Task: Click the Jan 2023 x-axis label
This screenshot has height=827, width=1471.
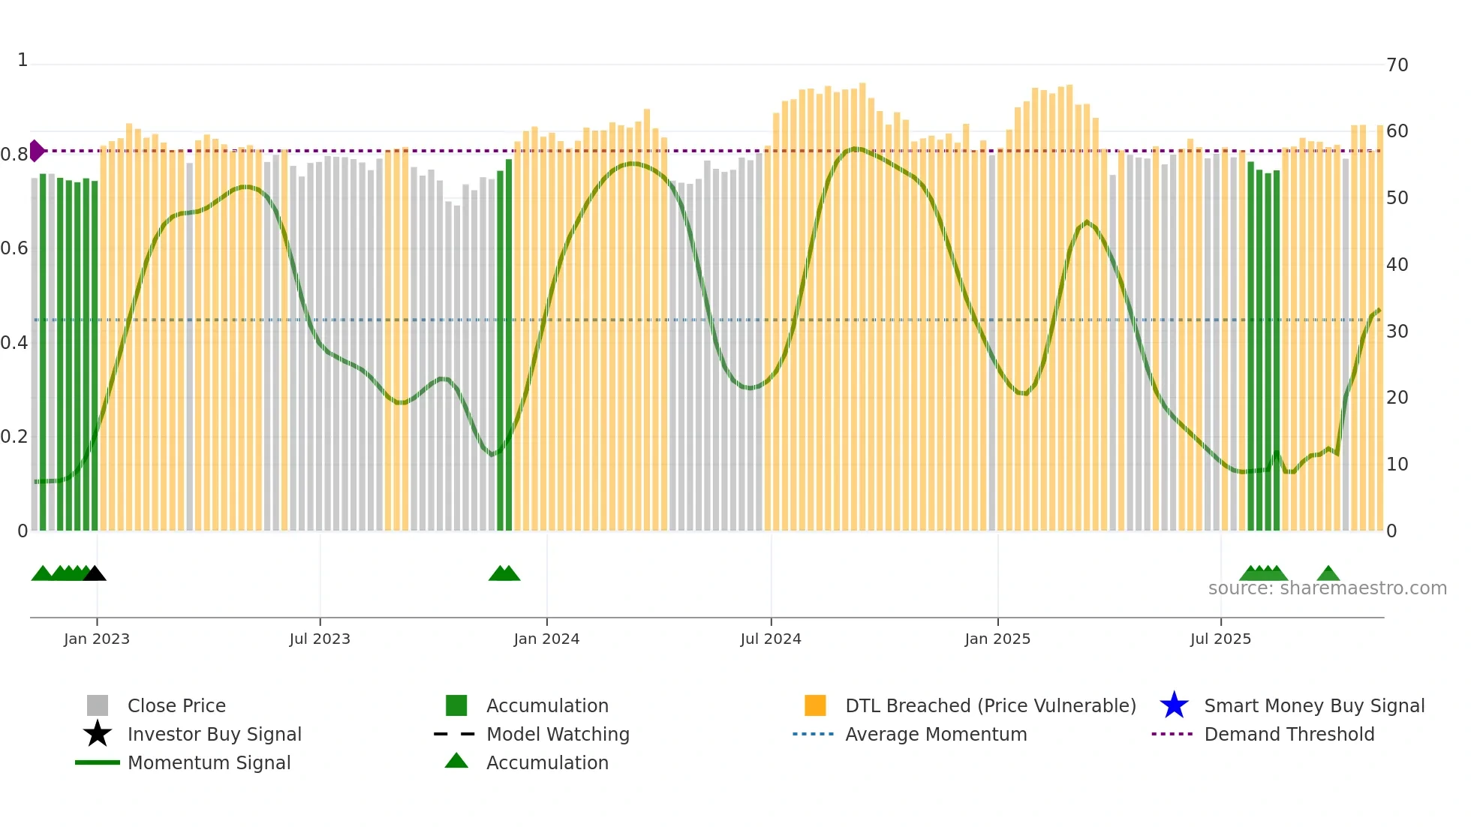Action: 97,639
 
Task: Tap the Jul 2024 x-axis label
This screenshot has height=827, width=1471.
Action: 771,639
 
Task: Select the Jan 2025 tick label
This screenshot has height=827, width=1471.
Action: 997,639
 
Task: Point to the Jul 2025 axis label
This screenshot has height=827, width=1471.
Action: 1220,639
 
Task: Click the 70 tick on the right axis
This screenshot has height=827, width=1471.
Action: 1397,65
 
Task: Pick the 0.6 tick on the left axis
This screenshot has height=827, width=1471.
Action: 14,248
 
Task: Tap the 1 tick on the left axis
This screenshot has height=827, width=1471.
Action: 23,60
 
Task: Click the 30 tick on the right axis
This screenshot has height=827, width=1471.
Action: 1397,332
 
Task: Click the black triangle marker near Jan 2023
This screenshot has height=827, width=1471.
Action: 95,574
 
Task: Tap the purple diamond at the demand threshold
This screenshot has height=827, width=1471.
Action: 36,151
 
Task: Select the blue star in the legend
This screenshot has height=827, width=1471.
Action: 1174,705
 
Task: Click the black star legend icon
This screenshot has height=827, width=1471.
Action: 98,734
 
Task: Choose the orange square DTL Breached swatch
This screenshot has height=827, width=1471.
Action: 815,705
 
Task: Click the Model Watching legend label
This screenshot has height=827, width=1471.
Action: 558,734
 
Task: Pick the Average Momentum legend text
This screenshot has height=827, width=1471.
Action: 936,734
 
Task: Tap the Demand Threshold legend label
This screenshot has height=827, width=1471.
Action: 1289,734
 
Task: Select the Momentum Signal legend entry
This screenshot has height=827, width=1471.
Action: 209,762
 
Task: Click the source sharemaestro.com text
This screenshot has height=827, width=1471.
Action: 1327,588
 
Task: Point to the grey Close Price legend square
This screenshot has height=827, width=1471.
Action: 98,705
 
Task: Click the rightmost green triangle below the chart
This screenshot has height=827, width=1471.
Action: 1328,574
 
